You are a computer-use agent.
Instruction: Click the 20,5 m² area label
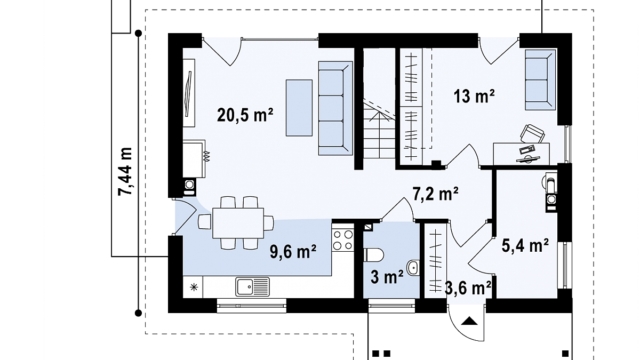tap(245, 115)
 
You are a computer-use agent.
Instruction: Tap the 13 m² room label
tap(474, 96)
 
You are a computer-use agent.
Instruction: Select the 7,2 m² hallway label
tap(435, 194)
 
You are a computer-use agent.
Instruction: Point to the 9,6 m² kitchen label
tap(293, 251)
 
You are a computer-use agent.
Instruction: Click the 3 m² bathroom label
tap(387, 277)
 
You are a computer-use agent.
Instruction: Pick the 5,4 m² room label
tap(525, 246)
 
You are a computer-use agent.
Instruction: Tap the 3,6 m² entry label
tap(468, 288)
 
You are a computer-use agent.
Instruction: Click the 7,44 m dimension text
tap(125, 171)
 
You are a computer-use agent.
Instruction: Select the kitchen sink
tap(252, 287)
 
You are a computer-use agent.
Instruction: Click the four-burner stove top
tap(343, 240)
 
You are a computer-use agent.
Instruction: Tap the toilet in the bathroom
tap(373, 256)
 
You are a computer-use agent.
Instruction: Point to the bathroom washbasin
tap(413, 268)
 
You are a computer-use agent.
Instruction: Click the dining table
tap(238, 222)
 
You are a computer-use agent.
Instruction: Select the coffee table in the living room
tap(299, 108)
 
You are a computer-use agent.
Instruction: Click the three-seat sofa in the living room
tap(335, 108)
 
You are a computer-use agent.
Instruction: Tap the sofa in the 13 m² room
tap(540, 80)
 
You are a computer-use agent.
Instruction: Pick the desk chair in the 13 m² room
tap(532, 133)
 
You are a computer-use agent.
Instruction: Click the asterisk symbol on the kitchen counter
tap(193, 287)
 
